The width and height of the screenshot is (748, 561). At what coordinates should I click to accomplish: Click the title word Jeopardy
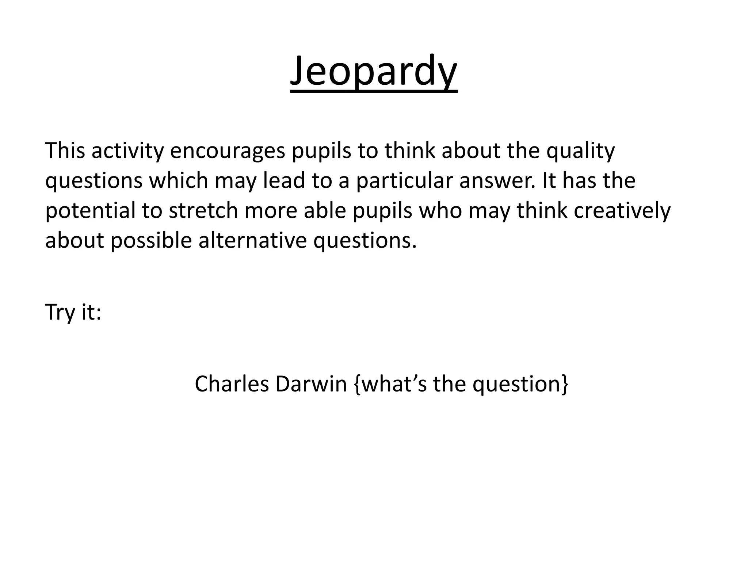coord(373,71)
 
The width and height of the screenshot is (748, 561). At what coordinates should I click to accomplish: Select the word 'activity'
coord(127,151)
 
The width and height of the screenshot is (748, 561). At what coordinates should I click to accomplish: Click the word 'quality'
coord(581,151)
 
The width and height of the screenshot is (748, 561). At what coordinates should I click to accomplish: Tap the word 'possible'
coord(151,241)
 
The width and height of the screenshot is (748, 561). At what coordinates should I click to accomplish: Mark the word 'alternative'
coord(252,241)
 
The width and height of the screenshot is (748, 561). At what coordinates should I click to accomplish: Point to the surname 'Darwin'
coord(311,384)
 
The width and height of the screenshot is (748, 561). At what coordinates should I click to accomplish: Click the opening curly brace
coord(356,384)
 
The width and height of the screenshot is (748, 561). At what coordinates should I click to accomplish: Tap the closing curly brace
coord(565,384)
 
